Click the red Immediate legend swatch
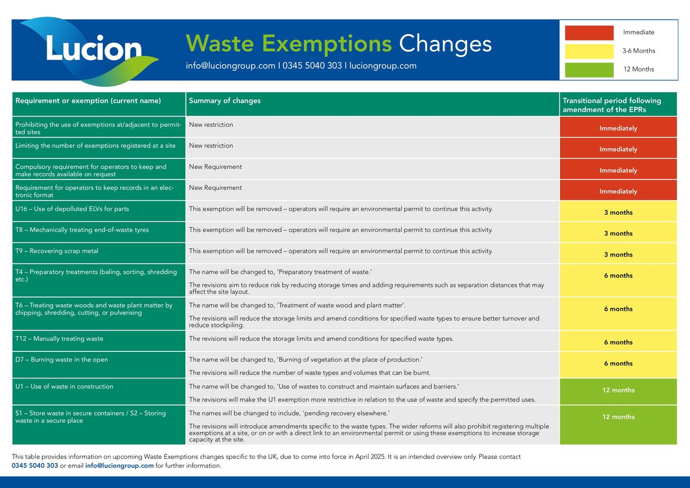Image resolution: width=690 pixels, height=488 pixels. pos(589,33)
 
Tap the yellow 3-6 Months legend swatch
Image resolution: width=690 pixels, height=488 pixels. pos(589,51)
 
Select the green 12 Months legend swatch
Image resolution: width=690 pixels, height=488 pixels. pos(589,69)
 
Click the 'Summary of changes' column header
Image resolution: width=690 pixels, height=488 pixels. pos(224,101)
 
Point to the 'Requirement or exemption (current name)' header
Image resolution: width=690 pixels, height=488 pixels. pos(88,101)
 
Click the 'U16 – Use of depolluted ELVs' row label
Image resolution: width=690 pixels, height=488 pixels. pos(72,209)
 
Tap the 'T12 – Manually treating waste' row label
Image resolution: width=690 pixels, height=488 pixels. pos(59,339)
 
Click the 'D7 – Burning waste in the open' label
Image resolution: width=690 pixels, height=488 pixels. pos(61,360)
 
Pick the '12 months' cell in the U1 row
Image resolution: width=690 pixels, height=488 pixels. pos(618,390)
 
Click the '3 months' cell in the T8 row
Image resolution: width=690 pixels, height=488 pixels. pos(618,234)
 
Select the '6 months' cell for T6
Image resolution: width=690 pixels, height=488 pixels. pos(618,309)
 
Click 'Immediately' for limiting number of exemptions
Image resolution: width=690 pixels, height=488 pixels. pos(618,149)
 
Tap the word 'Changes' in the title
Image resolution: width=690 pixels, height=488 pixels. pos(445,43)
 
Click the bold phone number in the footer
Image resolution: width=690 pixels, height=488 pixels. pos(35,466)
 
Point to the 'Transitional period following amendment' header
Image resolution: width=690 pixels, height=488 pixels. pos(612,105)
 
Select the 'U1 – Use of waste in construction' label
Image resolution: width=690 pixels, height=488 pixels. pos(64,387)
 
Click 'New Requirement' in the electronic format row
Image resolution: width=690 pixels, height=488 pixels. pos(215,188)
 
